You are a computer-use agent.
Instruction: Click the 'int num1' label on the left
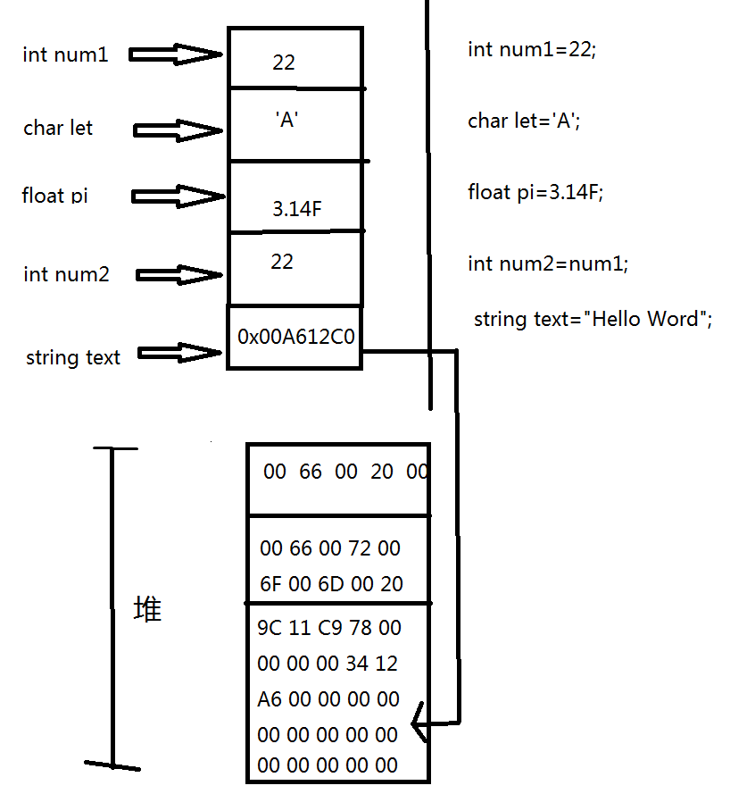pos(65,54)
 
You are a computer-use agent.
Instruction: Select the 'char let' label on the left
pos(58,128)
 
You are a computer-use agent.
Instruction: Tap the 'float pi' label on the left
pos(54,196)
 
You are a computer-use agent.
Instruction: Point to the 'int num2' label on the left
pos(66,274)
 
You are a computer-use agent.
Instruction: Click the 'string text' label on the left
pos(73,357)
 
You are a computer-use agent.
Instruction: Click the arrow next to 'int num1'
pos(176,54)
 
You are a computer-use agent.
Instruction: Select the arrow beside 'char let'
pos(178,130)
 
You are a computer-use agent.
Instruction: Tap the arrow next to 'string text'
pos(179,353)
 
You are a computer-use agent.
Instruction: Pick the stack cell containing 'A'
pos(295,124)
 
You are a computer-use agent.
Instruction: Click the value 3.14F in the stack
pos(297,209)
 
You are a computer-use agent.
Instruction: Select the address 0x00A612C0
pos(296,337)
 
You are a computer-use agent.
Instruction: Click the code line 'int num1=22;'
pos(532,50)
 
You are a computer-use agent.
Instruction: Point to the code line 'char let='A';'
pos(524,121)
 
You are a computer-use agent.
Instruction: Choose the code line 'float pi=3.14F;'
pos(535,192)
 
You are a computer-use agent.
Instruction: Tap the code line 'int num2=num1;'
pos(548,263)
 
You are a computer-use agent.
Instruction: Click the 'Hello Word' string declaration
pos(593,320)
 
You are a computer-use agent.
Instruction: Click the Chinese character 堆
pos(147,608)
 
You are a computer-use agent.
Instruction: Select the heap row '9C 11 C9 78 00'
pos(329,628)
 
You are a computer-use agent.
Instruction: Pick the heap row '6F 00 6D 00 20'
pos(331,584)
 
